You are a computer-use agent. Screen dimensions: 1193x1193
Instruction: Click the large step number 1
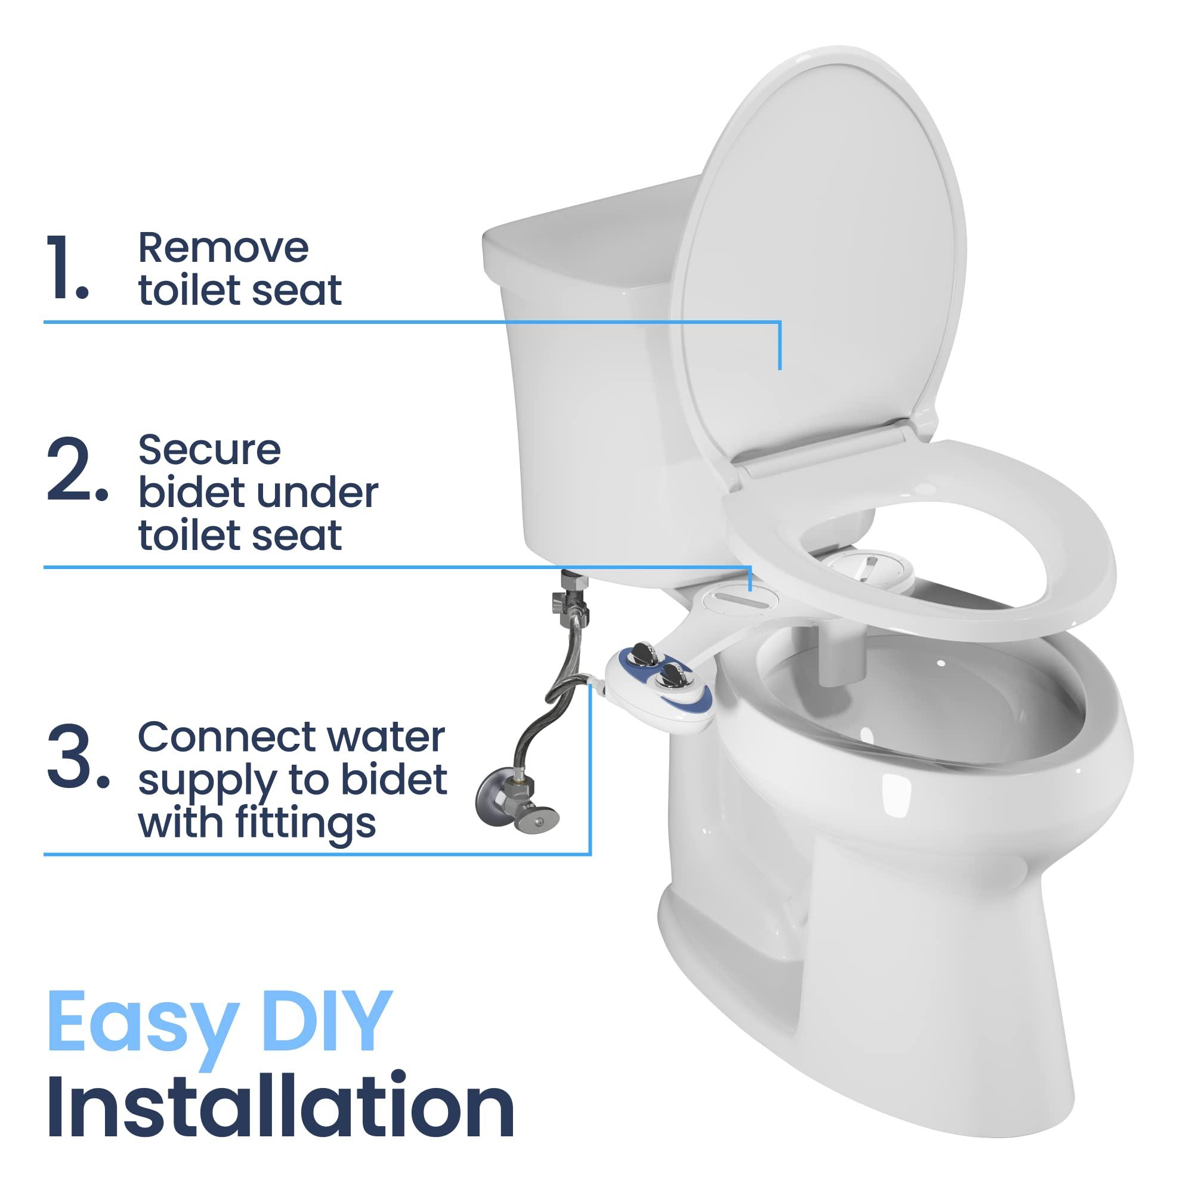[x=67, y=268]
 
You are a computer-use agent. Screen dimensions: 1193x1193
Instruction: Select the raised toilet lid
[x=821, y=247]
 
